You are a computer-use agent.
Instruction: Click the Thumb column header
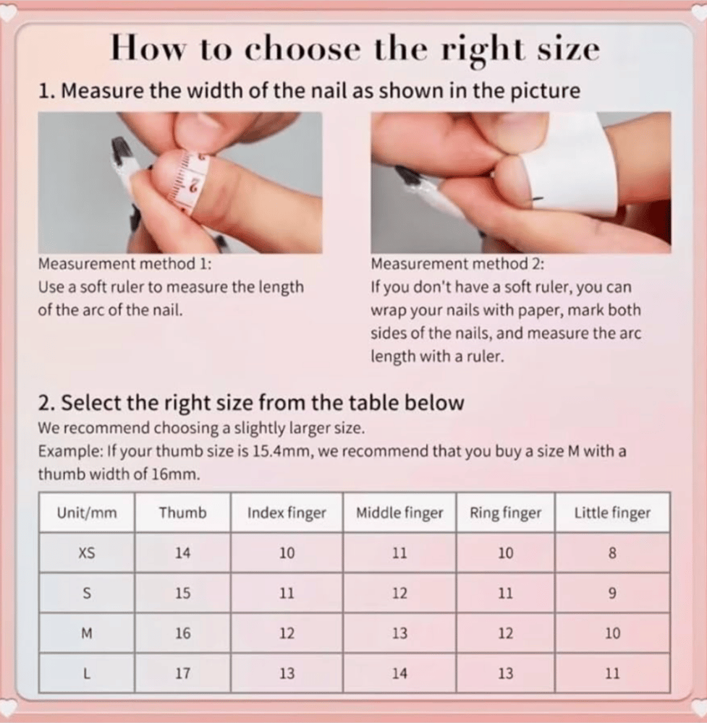click(183, 513)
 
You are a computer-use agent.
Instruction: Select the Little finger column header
click(612, 513)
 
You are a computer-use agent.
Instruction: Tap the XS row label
click(87, 552)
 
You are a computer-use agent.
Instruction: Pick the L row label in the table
click(87, 674)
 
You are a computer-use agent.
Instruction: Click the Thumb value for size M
click(183, 633)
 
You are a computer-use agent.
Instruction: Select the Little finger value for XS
click(612, 552)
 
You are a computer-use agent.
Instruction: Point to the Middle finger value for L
click(399, 674)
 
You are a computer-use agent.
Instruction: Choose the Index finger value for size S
click(287, 593)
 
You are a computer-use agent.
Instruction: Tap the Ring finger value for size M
click(506, 633)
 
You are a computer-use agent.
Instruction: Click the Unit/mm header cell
click(87, 513)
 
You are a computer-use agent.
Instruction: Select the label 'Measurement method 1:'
click(124, 264)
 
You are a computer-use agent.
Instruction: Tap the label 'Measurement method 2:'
click(457, 264)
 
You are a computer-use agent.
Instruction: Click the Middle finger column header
click(399, 513)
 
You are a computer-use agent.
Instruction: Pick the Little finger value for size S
click(612, 593)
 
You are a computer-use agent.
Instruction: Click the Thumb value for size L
click(183, 674)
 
